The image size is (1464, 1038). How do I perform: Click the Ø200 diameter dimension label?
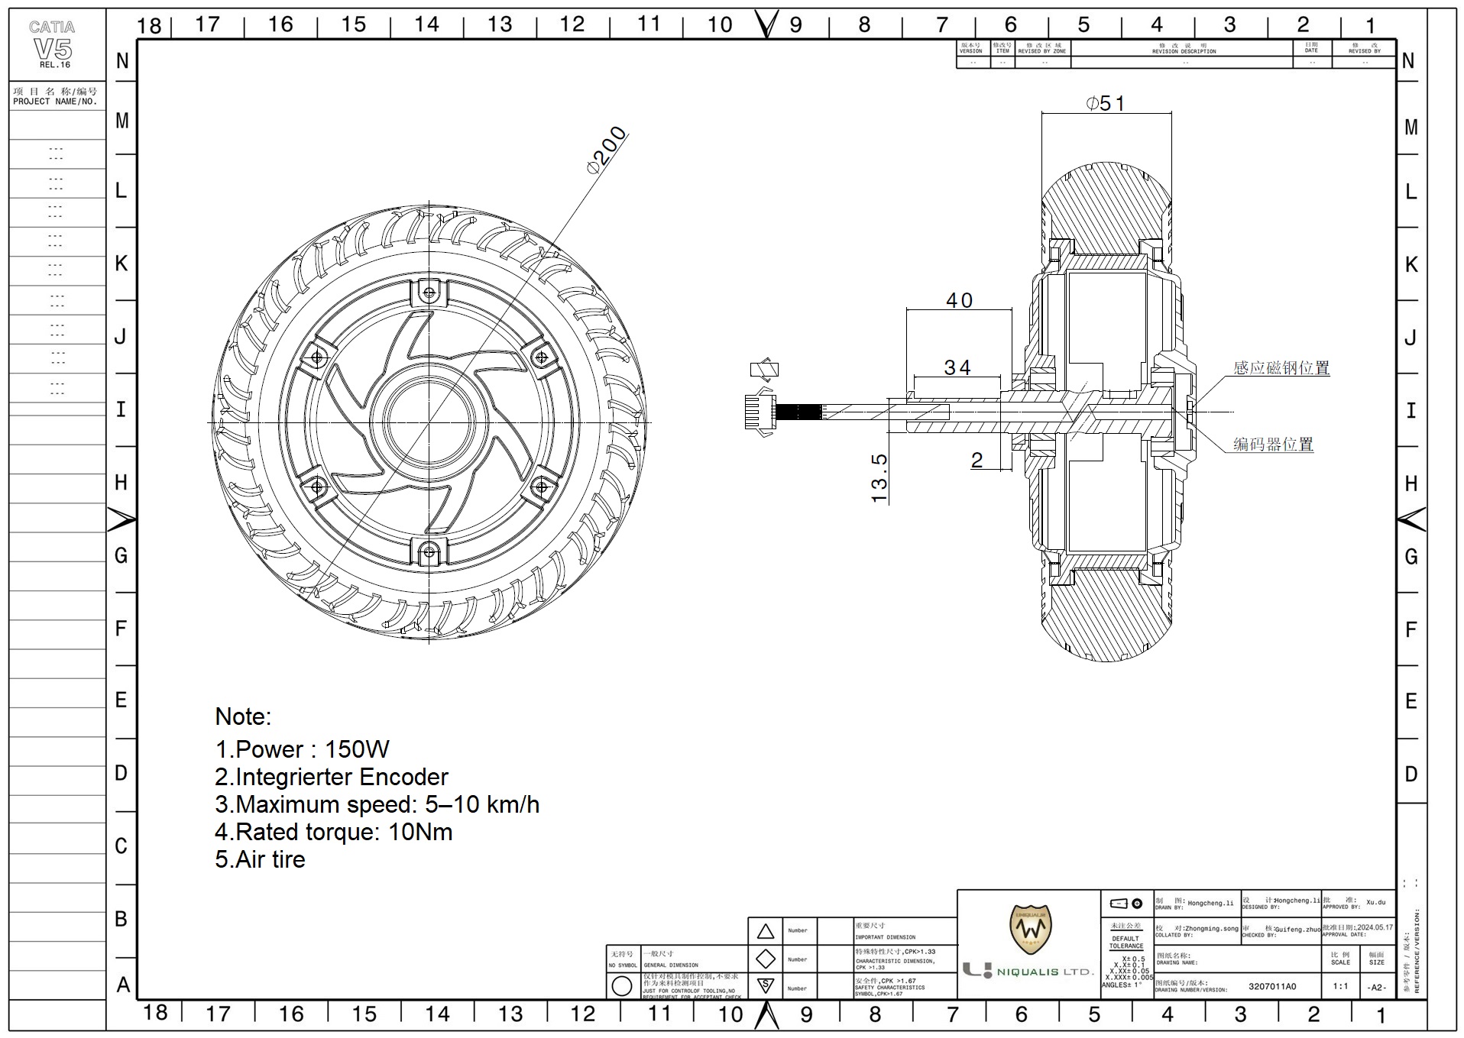(x=607, y=150)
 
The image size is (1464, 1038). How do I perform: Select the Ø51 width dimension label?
(x=1105, y=103)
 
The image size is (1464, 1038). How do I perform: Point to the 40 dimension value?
(x=959, y=300)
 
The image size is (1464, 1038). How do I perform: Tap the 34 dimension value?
(x=957, y=367)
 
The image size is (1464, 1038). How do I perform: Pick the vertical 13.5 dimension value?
(x=879, y=478)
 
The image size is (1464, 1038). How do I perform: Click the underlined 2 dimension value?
(x=977, y=460)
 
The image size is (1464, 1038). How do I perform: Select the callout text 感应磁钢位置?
(x=1281, y=367)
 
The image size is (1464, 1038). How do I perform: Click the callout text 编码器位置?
(x=1273, y=444)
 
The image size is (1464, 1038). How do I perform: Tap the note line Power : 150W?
(x=303, y=749)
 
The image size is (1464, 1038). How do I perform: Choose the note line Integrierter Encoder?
(x=332, y=777)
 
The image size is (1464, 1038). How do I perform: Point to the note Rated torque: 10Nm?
(x=334, y=832)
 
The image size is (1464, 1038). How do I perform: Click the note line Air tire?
(x=260, y=859)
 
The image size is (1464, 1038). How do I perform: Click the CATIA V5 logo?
(x=53, y=44)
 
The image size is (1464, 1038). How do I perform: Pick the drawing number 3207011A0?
(x=1272, y=986)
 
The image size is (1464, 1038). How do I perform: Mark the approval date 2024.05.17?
(x=1375, y=927)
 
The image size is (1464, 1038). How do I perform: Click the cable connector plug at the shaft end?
(x=760, y=412)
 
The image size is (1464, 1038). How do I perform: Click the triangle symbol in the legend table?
(x=765, y=931)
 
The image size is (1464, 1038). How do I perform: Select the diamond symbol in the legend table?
(x=765, y=959)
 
